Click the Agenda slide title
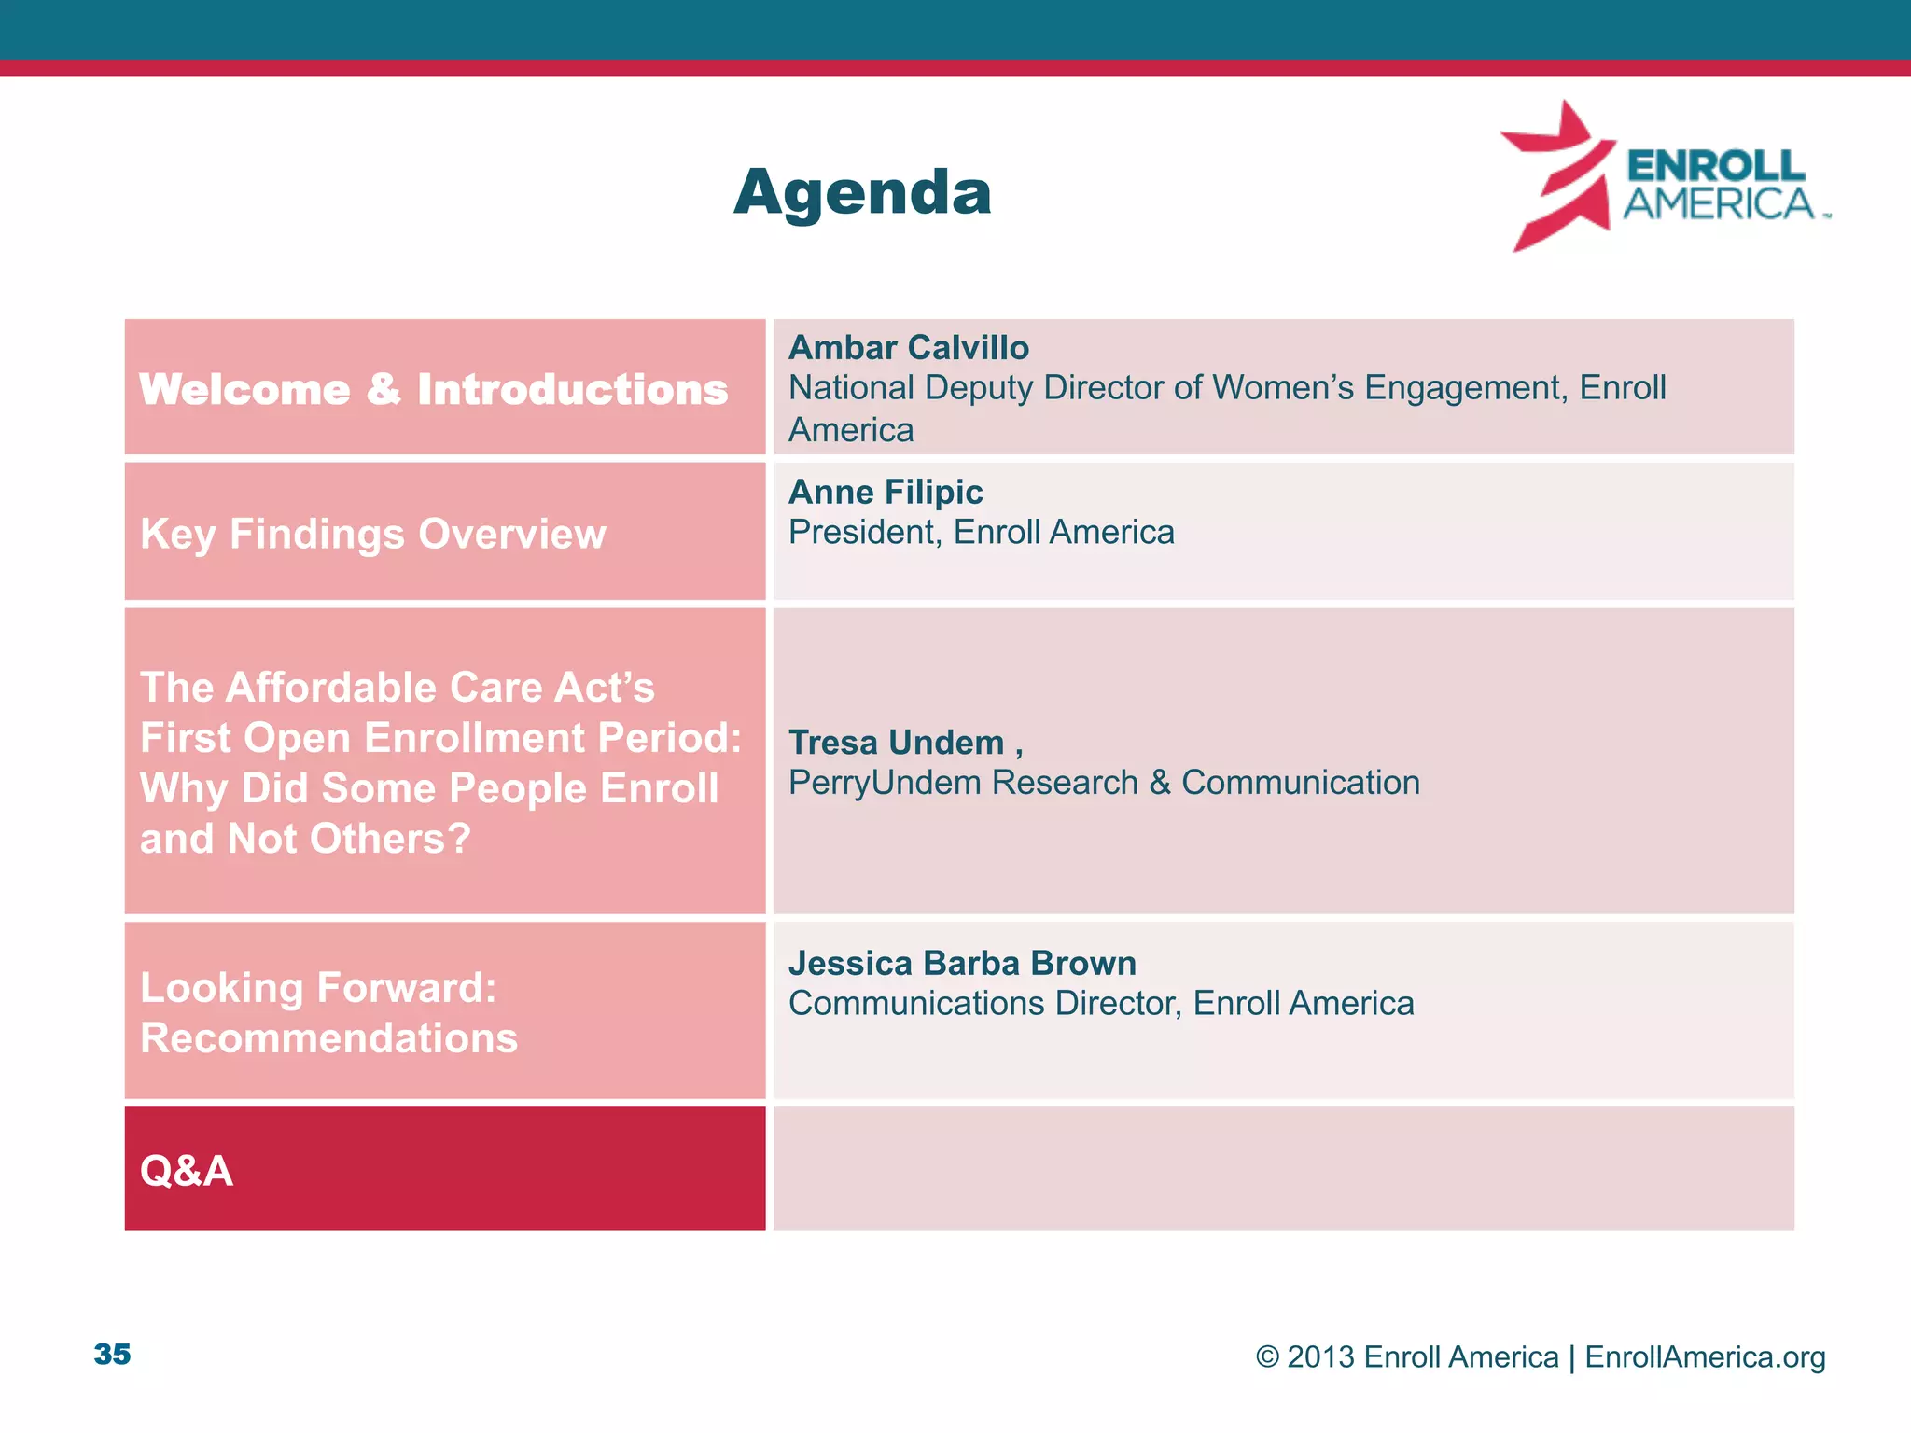click(862, 192)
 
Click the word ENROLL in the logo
click(1715, 166)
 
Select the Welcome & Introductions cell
click(433, 389)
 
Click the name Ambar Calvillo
click(908, 348)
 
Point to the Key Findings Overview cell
click(372, 534)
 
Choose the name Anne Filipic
click(885, 492)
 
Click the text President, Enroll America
click(981, 533)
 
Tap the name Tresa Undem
click(896, 743)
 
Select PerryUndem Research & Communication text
click(1103, 783)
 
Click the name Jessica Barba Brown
click(962, 963)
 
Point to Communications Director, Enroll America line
click(1100, 1004)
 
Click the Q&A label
click(186, 1171)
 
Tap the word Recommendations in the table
click(328, 1038)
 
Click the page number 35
click(112, 1354)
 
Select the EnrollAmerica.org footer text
click(1704, 1356)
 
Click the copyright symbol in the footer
click(1266, 1356)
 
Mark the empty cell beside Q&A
click(1283, 1168)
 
